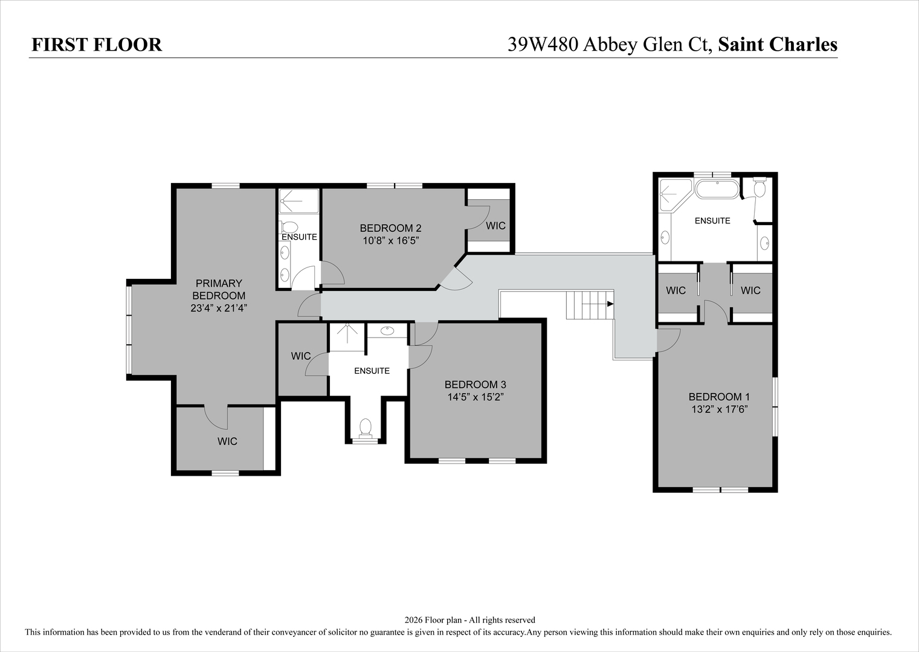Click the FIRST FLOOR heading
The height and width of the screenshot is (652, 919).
pyautogui.click(x=97, y=45)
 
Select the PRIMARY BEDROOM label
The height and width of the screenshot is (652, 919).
pyautogui.click(x=219, y=289)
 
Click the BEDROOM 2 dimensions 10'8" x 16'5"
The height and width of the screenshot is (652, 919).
pyautogui.click(x=390, y=240)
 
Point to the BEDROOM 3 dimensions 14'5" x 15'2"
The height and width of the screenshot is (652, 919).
pyautogui.click(x=475, y=397)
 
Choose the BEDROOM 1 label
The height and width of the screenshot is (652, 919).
pyautogui.click(x=719, y=397)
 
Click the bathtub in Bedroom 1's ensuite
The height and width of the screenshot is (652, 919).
pyautogui.click(x=717, y=189)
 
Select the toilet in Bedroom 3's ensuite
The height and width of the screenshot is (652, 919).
pyautogui.click(x=365, y=428)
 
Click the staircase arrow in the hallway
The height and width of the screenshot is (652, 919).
pyautogui.click(x=610, y=304)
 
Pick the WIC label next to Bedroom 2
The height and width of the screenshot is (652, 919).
pyautogui.click(x=495, y=226)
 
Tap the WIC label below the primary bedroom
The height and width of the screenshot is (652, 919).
pyautogui.click(x=227, y=441)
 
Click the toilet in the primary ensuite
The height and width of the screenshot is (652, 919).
pyautogui.click(x=289, y=228)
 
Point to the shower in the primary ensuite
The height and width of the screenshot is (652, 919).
pyautogui.click(x=298, y=201)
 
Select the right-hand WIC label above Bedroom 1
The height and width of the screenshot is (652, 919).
pyautogui.click(x=750, y=290)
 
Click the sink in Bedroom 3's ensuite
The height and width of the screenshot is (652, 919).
pyautogui.click(x=387, y=331)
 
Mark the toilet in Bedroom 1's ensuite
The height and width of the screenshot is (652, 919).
pyautogui.click(x=759, y=188)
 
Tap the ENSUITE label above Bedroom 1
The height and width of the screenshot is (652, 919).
pyautogui.click(x=712, y=221)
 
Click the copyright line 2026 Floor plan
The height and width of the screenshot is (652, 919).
pyautogui.click(x=469, y=620)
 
